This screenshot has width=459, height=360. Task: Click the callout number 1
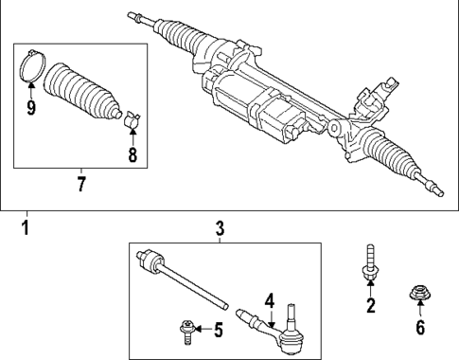(26, 228)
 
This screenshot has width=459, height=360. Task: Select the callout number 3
(219, 228)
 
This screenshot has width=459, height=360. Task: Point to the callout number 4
(269, 301)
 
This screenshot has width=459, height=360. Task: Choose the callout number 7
(80, 183)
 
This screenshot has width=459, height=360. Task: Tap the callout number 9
(31, 107)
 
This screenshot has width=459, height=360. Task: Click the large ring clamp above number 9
(31, 68)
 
